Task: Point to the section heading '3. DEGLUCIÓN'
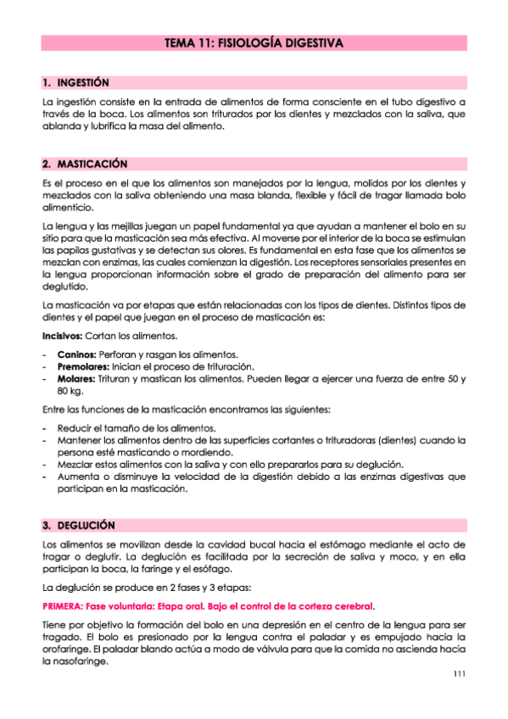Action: point(79,526)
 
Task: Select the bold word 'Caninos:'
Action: point(76,354)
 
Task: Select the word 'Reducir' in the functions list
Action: point(75,427)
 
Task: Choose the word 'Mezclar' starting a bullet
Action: point(75,464)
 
